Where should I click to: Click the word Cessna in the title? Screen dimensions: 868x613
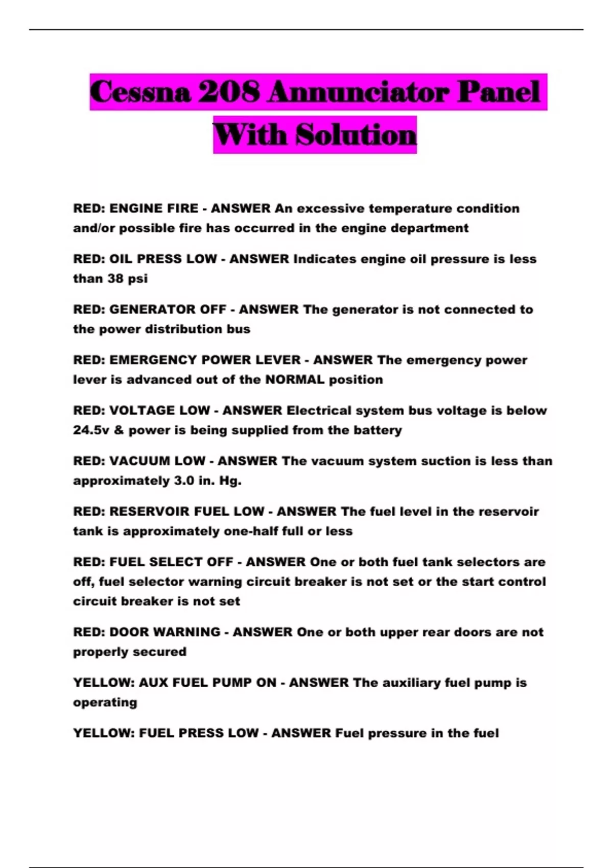tap(140, 92)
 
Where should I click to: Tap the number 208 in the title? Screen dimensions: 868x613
tap(229, 92)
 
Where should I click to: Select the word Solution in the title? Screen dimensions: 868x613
tap(356, 135)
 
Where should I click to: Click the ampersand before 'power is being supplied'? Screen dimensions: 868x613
tap(119, 430)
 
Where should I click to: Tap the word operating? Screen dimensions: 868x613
tap(105, 703)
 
